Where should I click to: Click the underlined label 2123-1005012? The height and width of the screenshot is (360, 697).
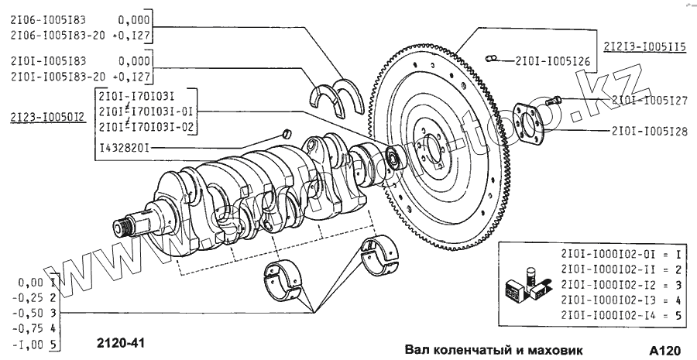(x=47, y=116)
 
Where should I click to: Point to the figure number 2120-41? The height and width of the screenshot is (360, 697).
(x=121, y=341)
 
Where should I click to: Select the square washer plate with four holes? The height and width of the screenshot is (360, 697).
(x=527, y=124)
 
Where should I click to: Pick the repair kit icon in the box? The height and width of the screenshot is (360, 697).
(x=520, y=286)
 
